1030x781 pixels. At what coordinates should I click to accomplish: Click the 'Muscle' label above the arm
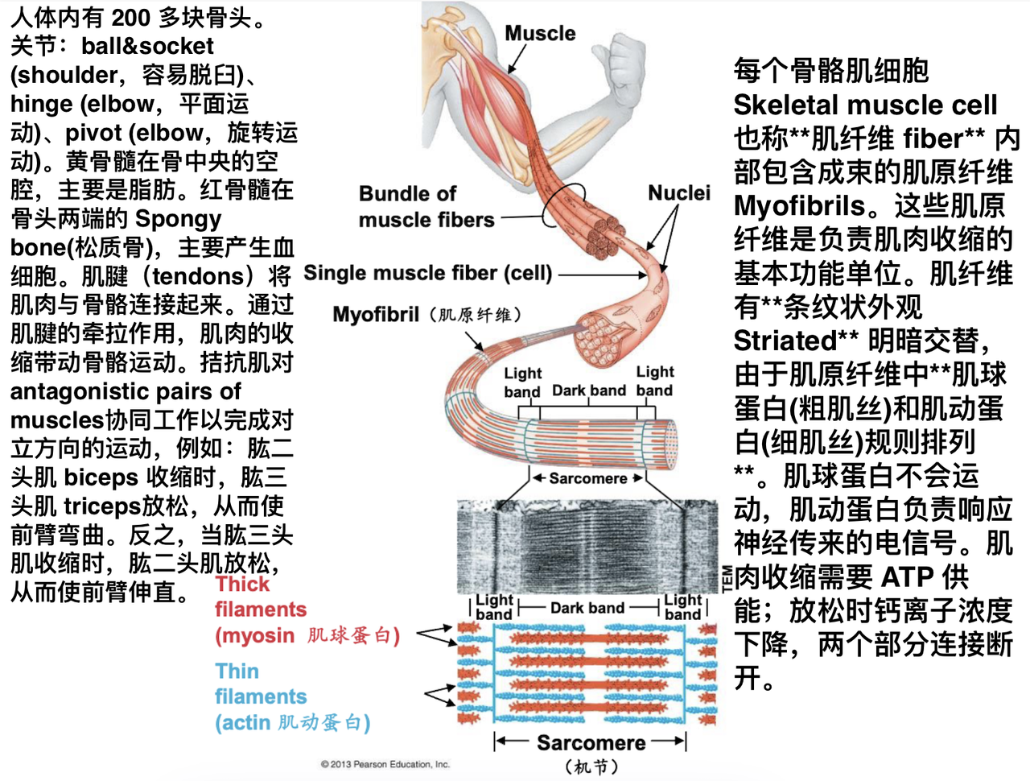(540, 33)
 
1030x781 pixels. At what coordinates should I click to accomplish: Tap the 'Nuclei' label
(679, 193)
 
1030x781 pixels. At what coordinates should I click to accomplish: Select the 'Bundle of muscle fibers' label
(426, 206)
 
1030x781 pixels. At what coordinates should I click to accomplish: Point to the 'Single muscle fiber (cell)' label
(428, 273)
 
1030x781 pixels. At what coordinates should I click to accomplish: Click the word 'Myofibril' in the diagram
(376, 315)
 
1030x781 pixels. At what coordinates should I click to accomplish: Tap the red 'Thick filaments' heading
(261, 597)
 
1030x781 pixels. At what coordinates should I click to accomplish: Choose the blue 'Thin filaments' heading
(261, 684)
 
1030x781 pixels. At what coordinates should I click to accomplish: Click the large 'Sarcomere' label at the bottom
(591, 742)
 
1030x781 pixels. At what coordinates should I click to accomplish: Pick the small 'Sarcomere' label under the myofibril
(588, 478)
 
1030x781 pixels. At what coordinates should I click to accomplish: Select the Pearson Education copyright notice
(385, 765)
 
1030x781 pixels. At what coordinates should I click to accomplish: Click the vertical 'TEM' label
(727, 578)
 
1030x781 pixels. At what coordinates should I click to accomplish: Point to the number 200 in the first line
(131, 19)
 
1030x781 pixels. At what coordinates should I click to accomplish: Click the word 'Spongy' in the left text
(178, 219)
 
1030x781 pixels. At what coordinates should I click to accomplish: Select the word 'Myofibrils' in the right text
(799, 206)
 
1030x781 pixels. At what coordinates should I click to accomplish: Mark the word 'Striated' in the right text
(785, 341)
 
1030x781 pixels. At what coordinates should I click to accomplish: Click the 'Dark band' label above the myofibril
(589, 390)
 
